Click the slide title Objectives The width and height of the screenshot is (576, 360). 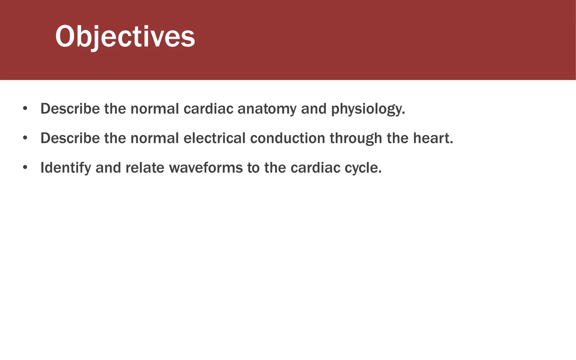125,37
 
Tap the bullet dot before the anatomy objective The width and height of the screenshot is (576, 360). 25,109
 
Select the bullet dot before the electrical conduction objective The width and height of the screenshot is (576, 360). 25,138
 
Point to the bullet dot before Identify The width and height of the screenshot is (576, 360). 25,168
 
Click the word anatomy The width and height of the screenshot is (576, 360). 267,109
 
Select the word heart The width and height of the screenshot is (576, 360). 433,138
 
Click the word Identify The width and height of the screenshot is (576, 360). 66,168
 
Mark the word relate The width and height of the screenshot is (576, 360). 145,168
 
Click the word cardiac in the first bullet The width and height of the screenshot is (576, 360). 208,109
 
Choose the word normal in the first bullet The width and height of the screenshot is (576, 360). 155,109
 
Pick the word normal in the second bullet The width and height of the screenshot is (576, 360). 155,138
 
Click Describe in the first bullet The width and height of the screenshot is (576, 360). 70,109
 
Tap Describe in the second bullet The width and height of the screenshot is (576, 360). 70,138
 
